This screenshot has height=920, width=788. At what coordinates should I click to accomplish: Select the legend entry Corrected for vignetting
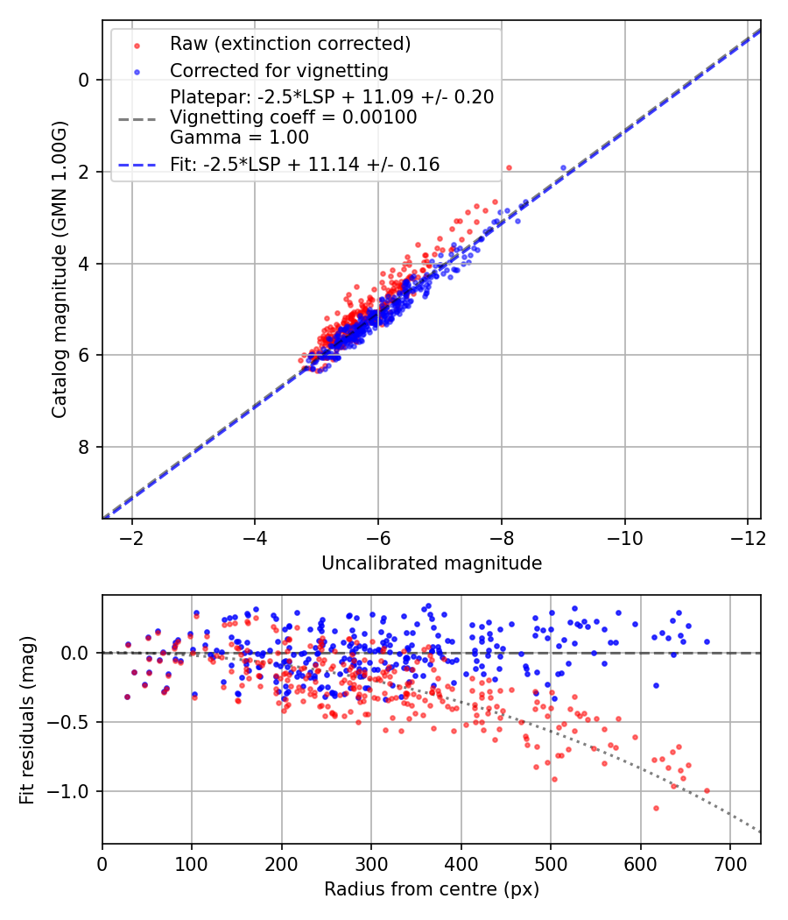pos(278,70)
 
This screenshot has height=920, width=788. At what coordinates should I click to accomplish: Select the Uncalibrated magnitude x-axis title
pos(432,563)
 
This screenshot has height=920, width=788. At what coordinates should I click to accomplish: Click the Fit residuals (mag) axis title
pos(27,719)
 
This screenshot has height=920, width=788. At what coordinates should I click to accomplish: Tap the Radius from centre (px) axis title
pos(432,889)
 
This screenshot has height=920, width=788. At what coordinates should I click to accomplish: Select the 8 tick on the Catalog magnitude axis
pos(84,447)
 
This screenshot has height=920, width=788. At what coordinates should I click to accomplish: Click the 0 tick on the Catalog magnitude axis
pos(84,80)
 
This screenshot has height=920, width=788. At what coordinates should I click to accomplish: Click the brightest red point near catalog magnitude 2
pos(509,167)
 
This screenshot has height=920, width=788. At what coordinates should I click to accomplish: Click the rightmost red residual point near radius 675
pos(707,790)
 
